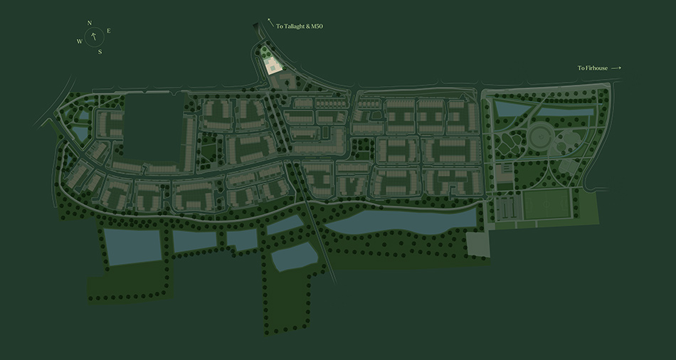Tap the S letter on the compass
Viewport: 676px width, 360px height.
coord(100,51)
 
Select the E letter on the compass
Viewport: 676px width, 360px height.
coord(108,31)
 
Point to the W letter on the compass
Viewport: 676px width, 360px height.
coord(80,41)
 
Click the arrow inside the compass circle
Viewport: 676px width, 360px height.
coord(93,37)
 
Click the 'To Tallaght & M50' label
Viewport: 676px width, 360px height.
coord(300,26)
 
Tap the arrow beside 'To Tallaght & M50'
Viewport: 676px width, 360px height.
coord(270,21)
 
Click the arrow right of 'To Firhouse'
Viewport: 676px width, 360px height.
coord(616,68)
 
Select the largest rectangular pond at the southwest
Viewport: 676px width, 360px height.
coord(132,246)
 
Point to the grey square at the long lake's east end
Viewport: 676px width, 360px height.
coord(477,244)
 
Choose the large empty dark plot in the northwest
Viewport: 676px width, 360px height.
coord(151,128)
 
